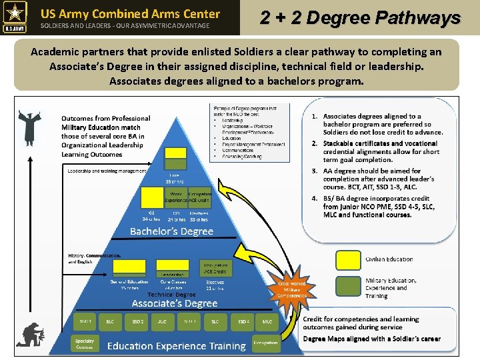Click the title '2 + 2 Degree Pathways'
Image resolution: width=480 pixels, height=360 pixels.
point(360,17)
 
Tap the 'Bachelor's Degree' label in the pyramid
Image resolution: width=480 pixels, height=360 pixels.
point(171,231)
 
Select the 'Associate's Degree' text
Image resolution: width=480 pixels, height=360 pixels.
point(175,303)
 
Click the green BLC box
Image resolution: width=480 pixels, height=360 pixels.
point(110,321)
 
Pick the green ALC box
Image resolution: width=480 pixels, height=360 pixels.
point(162,321)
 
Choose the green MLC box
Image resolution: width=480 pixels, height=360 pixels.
point(267,321)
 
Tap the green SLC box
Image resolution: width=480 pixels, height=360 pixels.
point(215,321)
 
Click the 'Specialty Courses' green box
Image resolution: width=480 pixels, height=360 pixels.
point(85,345)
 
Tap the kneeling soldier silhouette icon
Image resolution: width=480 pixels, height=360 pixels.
point(31,335)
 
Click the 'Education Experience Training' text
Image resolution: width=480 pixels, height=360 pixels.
point(177,345)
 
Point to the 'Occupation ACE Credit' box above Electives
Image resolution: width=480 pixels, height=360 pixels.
point(215,269)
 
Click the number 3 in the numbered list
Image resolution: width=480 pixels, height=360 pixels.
point(314,171)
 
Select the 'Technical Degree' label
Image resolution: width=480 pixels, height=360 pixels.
point(171,294)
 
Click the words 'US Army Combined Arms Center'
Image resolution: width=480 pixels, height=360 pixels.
point(130,13)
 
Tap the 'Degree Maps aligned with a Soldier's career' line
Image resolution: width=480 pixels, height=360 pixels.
point(371,339)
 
